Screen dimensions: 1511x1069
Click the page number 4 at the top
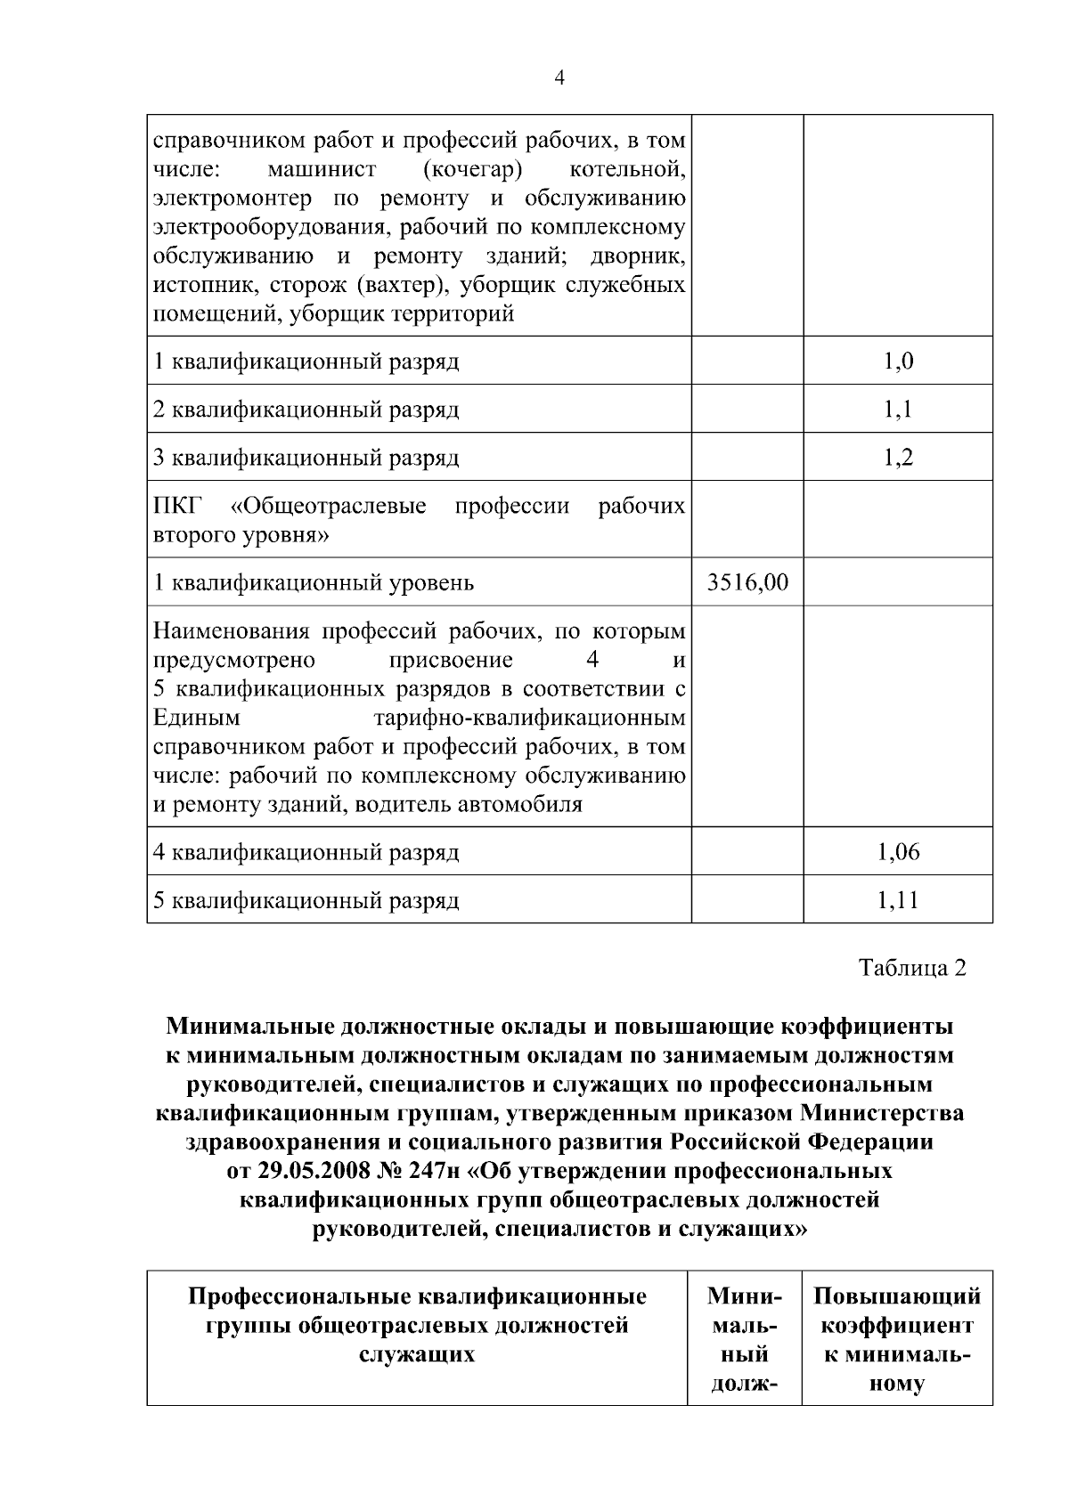[559, 77]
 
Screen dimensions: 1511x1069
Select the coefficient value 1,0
[898, 361]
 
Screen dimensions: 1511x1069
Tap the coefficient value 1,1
[898, 409]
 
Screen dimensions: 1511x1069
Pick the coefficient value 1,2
[898, 457]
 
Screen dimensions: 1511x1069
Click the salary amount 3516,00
[747, 582]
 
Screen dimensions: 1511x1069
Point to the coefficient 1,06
[898, 852]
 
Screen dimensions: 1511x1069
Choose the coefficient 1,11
[898, 900]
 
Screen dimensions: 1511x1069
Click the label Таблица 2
[912, 968]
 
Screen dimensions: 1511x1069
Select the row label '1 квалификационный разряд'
[306, 362]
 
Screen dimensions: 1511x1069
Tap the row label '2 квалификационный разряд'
[306, 410]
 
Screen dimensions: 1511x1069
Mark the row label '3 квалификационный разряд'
[306, 458]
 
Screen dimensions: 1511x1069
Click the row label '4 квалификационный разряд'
[306, 853]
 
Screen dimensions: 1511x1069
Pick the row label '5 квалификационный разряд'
[306, 901]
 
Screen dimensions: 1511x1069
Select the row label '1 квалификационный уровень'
[314, 583]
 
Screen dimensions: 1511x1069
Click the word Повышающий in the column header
[897, 1296]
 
